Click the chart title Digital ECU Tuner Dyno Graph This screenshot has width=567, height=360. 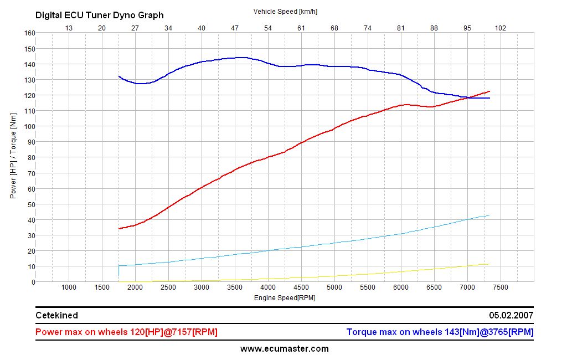click(x=100, y=16)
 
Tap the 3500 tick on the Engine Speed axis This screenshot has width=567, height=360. click(x=235, y=287)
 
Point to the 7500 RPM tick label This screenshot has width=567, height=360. click(x=500, y=287)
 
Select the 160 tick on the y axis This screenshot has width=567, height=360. click(x=29, y=33)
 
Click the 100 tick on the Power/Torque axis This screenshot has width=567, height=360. click(x=29, y=126)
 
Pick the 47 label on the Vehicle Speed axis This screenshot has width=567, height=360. click(x=235, y=28)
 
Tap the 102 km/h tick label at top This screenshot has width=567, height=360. click(x=501, y=28)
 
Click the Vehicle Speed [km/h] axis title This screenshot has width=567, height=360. click(x=285, y=11)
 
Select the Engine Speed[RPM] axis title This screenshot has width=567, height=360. click(x=285, y=298)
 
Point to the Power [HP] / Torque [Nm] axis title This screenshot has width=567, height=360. click(x=13, y=157)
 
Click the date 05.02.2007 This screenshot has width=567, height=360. click(x=511, y=315)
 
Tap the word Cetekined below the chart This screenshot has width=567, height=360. click(x=56, y=315)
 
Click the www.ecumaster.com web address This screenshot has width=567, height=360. click(x=284, y=349)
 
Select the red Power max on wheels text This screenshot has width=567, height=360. click(x=126, y=332)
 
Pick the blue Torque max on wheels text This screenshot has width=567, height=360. click(x=440, y=332)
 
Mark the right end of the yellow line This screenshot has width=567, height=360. click(x=489, y=264)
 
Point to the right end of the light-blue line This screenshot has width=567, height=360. click(x=489, y=215)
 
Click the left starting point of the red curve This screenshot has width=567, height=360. click(x=119, y=229)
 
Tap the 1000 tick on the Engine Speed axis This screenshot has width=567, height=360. click(x=69, y=287)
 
